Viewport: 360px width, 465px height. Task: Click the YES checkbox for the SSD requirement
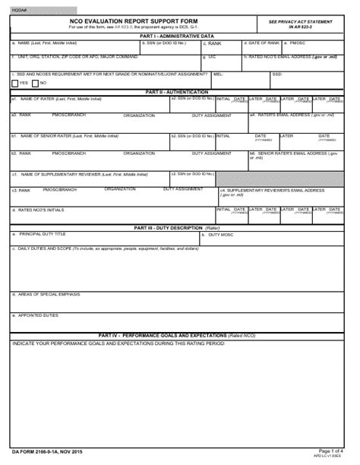tap(15, 82)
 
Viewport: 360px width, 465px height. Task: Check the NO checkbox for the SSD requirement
tap(35, 82)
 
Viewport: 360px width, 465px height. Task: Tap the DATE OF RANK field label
tap(264, 43)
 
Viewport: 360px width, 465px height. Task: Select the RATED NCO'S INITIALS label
tap(38, 210)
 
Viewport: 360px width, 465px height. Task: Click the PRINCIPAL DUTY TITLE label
tap(43, 234)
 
